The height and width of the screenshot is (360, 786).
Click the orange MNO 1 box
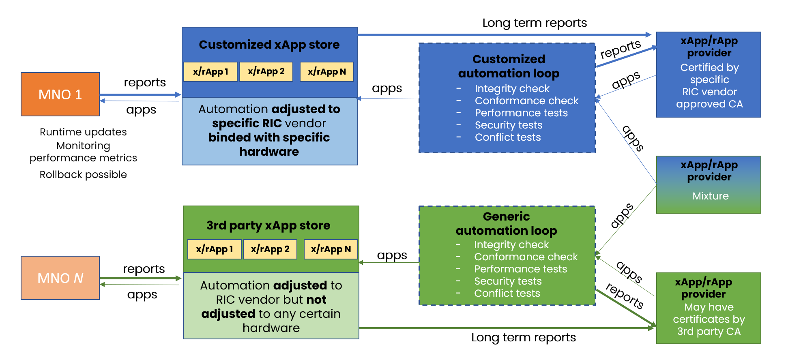pos(60,94)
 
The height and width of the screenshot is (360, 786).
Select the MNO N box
pos(60,278)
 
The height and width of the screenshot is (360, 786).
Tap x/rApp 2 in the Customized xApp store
pos(266,72)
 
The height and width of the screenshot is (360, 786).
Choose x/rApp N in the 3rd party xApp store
pos(331,249)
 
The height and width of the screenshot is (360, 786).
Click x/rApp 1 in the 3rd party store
pos(214,249)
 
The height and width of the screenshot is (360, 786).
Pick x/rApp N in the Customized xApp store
pos(326,72)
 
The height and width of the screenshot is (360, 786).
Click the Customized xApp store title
pos(269,45)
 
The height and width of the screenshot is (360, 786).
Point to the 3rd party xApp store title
pos(268,225)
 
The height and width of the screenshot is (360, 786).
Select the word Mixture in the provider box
pos(710,196)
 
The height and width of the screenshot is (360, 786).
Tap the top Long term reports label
pos(534,23)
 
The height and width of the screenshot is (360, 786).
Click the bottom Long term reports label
pos(523,337)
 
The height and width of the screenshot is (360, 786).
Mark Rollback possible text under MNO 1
pos(83,175)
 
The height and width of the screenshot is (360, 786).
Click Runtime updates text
pos(83,132)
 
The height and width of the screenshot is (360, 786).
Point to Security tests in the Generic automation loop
pos(508,281)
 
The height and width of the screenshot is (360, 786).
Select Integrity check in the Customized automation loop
pos(512,89)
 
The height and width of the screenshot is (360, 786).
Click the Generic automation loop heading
pos(506,223)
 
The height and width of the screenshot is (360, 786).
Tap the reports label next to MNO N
pos(144,269)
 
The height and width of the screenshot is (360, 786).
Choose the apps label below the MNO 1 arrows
pos(141,110)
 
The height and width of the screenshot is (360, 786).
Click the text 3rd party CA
pos(709,332)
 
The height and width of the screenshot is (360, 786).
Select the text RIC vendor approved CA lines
pos(709,98)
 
